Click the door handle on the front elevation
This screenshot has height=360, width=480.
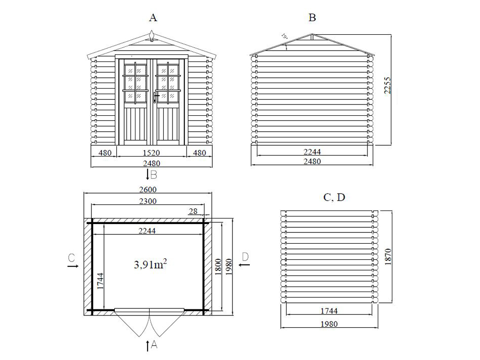[156, 97]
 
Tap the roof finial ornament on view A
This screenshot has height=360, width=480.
[152, 36]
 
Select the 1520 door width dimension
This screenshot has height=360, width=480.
[151, 152]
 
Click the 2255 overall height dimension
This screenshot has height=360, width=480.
[388, 85]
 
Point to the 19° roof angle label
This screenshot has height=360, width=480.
[285, 37]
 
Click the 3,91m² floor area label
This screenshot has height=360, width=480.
[150, 264]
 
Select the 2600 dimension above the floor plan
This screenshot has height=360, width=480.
[148, 189]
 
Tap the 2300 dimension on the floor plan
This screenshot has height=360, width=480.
[148, 201]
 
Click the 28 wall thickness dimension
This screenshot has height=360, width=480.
[193, 211]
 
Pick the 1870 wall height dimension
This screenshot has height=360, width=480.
[388, 256]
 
